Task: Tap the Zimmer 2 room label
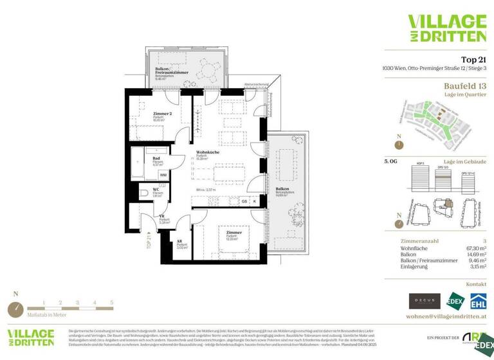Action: (161, 114)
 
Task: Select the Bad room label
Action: (156, 158)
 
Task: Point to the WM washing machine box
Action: (163, 174)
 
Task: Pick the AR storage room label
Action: (179, 242)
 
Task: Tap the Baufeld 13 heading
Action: (465, 85)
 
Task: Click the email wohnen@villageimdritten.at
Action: (446, 317)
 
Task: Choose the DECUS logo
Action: (425, 300)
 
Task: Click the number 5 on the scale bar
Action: (111, 301)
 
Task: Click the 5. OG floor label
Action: (390, 161)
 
